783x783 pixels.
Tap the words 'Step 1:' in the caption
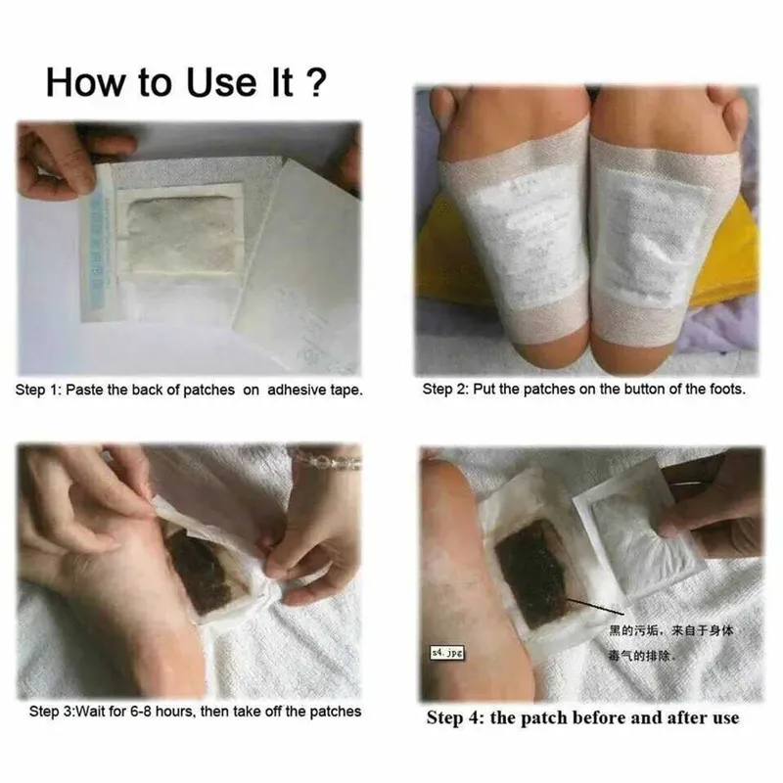(38, 390)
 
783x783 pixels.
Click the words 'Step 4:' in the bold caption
(457, 717)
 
